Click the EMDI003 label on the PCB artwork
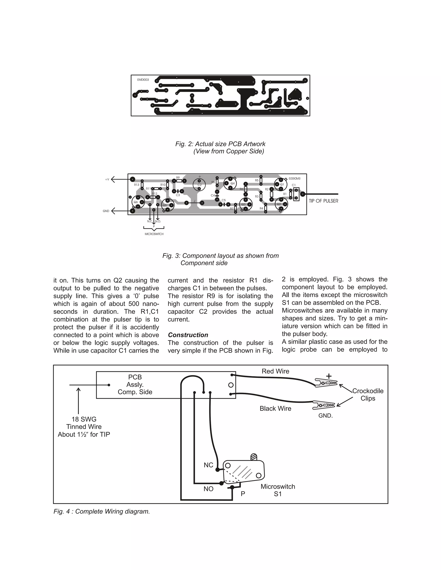[x=143, y=80]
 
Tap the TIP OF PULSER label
[x=323, y=201]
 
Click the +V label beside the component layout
[x=107, y=180]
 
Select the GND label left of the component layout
[x=106, y=211]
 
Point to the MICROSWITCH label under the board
[x=154, y=234]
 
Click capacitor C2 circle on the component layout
[x=199, y=185]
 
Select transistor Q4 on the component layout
[x=230, y=183]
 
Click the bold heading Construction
[x=188, y=335]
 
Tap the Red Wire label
[x=275, y=371]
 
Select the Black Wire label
[x=275, y=408]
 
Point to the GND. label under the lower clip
[x=325, y=416]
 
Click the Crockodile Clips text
[x=368, y=395]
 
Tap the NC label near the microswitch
[x=208, y=465]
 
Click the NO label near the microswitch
[x=208, y=489]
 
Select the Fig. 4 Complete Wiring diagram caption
[x=102, y=511]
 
